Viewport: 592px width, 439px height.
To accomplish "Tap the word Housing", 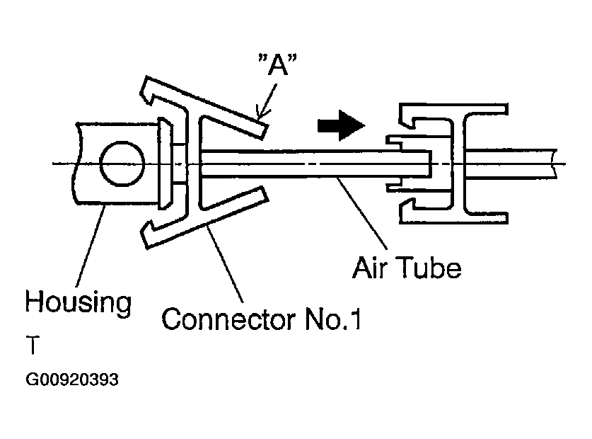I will coord(78,302).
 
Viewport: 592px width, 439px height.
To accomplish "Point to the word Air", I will coord(374,268).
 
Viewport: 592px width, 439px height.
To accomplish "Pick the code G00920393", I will coord(71,380).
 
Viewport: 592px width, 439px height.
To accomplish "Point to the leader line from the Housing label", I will coord(91,244).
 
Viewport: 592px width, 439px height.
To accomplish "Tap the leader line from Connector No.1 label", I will coord(226,262).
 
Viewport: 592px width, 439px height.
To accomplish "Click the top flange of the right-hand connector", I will coord(453,110).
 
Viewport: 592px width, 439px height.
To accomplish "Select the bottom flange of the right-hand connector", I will coord(453,216).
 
